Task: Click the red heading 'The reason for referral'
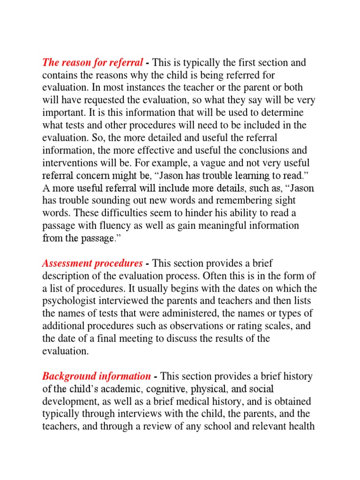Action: (92, 63)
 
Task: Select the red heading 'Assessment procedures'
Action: (92, 263)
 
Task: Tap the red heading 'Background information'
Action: (97, 376)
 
